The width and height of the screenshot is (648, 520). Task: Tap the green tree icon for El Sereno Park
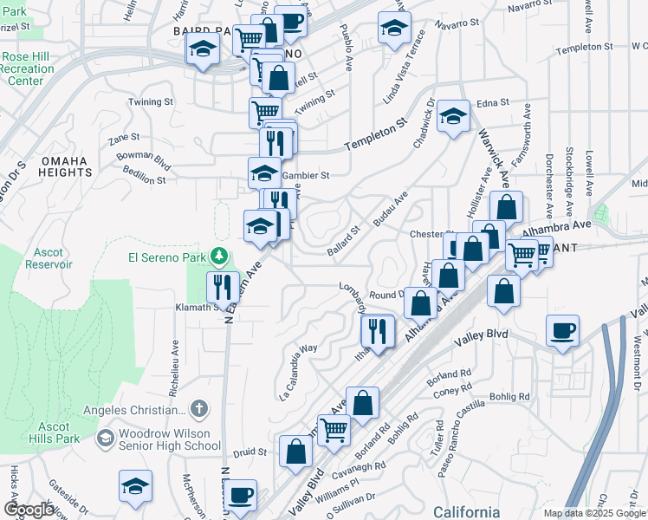220,257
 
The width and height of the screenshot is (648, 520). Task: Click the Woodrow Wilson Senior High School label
169,439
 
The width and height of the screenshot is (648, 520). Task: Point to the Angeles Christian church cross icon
198,408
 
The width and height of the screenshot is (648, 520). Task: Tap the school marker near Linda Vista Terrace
394,28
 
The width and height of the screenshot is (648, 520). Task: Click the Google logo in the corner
28,509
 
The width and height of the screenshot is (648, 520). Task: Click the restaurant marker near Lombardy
378,330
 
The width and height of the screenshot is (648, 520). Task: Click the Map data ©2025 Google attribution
594,513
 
